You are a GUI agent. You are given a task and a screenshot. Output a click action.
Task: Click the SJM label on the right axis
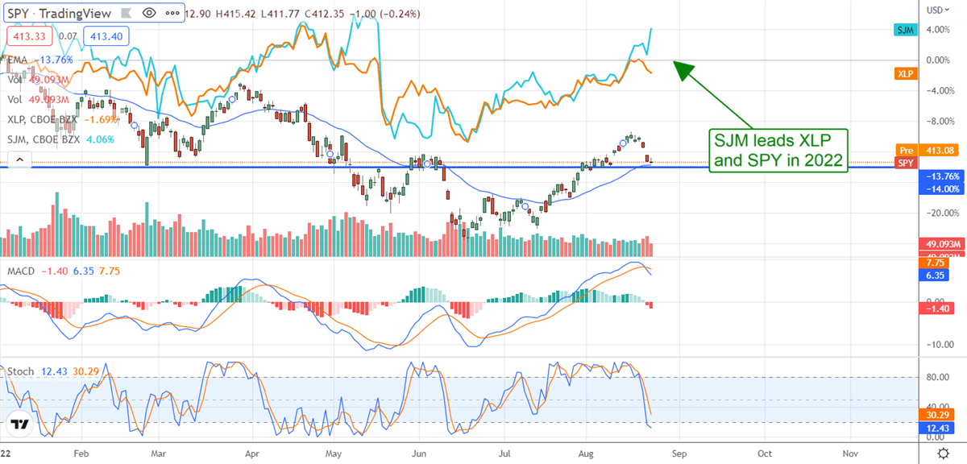pyautogui.click(x=905, y=29)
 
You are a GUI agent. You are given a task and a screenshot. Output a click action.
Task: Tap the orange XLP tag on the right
pyautogui.click(x=905, y=74)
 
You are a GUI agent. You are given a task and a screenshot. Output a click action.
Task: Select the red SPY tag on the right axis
pyautogui.click(x=906, y=162)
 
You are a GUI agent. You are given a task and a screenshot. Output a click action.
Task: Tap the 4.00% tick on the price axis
pyautogui.click(x=936, y=30)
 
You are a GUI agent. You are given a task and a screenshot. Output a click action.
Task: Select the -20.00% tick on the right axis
pyautogui.click(x=937, y=213)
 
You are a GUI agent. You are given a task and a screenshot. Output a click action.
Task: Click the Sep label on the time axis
pyautogui.click(x=678, y=454)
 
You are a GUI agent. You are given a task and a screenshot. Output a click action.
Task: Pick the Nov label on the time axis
pyautogui.click(x=849, y=454)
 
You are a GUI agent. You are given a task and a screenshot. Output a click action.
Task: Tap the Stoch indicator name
pyautogui.click(x=21, y=371)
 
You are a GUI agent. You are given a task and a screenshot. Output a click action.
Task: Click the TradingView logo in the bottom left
pyautogui.click(x=20, y=425)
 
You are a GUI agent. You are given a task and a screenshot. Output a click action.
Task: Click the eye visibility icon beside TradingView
pyautogui.click(x=148, y=13)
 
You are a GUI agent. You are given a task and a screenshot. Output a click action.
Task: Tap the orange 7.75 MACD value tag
pyautogui.click(x=934, y=263)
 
